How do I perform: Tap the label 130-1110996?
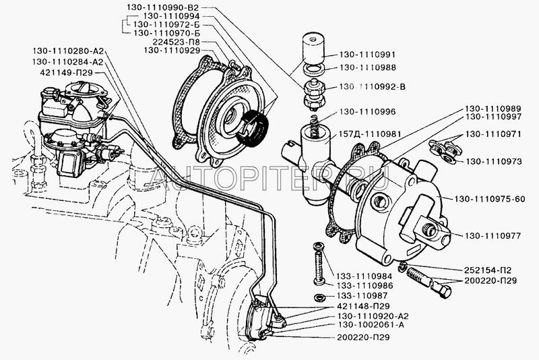tap(367, 112)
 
